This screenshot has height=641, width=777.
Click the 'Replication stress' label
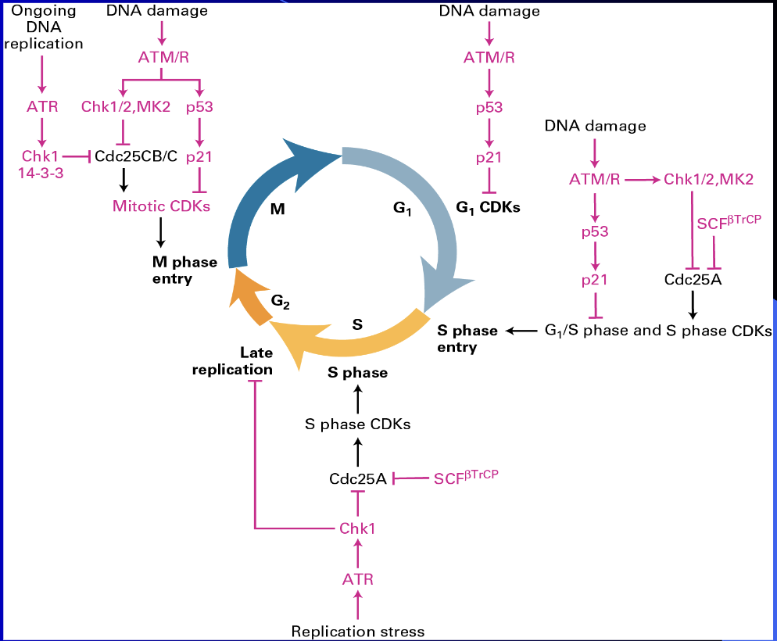point(357,631)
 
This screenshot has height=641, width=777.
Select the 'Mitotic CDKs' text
point(161,206)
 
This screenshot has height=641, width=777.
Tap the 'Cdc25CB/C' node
point(138,156)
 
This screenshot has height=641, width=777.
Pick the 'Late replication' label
point(233,362)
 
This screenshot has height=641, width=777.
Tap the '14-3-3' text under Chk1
point(41,171)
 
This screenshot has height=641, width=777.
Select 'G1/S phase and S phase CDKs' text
point(657,331)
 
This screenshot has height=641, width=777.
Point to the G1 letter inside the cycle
point(403,209)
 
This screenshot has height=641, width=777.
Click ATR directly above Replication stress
point(358,579)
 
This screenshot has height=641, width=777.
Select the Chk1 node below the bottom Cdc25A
point(357,528)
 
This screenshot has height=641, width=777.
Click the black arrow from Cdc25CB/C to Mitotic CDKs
point(123,181)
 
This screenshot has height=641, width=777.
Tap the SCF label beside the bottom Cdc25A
point(465,477)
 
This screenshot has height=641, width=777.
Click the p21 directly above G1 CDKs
point(489,157)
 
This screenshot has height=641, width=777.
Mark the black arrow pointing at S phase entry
point(521,331)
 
